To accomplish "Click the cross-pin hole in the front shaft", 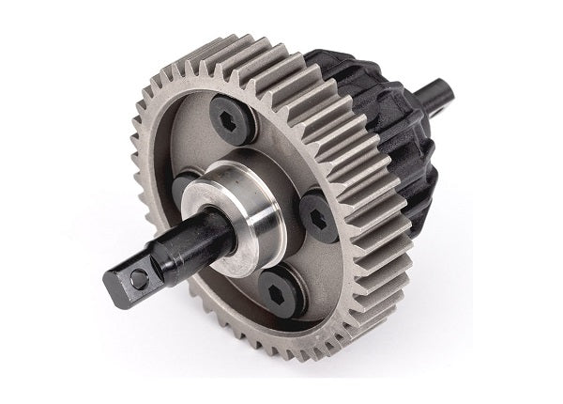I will [138, 279].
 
